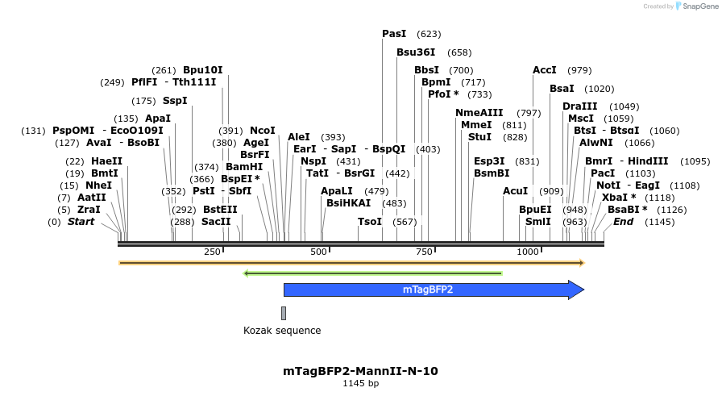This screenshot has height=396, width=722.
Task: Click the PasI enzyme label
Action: [x=394, y=34]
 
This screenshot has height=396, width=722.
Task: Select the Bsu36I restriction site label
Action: [x=416, y=52]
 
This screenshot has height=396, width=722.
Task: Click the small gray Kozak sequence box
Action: [x=284, y=312]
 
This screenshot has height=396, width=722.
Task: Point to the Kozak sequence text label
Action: [x=282, y=331]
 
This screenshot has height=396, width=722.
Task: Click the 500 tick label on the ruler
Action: [x=320, y=252]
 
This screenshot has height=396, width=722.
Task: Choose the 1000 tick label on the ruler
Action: [x=528, y=252]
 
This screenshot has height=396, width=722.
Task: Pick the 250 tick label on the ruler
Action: [x=212, y=252]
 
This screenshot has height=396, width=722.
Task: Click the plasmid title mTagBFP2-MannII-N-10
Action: [x=360, y=371]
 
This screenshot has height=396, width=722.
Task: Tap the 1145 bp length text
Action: [x=360, y=384]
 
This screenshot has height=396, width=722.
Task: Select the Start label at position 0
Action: [x=81, y=222]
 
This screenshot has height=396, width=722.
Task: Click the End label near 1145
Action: [x=624, y=222]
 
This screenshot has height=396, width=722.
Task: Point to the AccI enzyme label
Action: [x=545, y=70]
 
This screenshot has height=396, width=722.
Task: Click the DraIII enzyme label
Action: [x=580, y=106]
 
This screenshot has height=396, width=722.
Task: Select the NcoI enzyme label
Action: [x=263, y=131]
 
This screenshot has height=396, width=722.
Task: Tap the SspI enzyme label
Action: [x=175, y=101]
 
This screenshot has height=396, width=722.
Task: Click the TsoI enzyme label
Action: [x=370, y=222]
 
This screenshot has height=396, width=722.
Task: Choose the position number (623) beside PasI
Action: [x=429, y=34]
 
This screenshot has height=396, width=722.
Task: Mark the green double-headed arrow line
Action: [x=372, y=273]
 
